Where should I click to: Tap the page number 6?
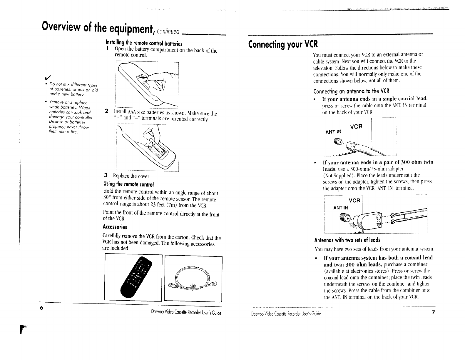coord(41,308)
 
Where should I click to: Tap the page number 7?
coord(433,312)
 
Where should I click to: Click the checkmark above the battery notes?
coord(48,77)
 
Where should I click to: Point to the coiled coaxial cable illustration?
coord(193,279)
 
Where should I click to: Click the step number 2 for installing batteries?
coord(107,111)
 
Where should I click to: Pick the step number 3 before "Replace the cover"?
coord(106,175)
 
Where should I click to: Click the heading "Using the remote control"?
coord(128,184)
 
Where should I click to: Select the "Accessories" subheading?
coord(115,227)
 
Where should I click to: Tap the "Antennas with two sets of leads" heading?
coord(347,240)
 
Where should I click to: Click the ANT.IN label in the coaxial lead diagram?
coord(333,132)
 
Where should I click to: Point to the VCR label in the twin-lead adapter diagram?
coord(354,201)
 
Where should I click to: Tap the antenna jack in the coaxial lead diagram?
coord(338,141)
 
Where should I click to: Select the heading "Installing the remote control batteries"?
coord(144,43)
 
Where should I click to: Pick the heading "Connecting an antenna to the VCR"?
coord(351,91)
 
